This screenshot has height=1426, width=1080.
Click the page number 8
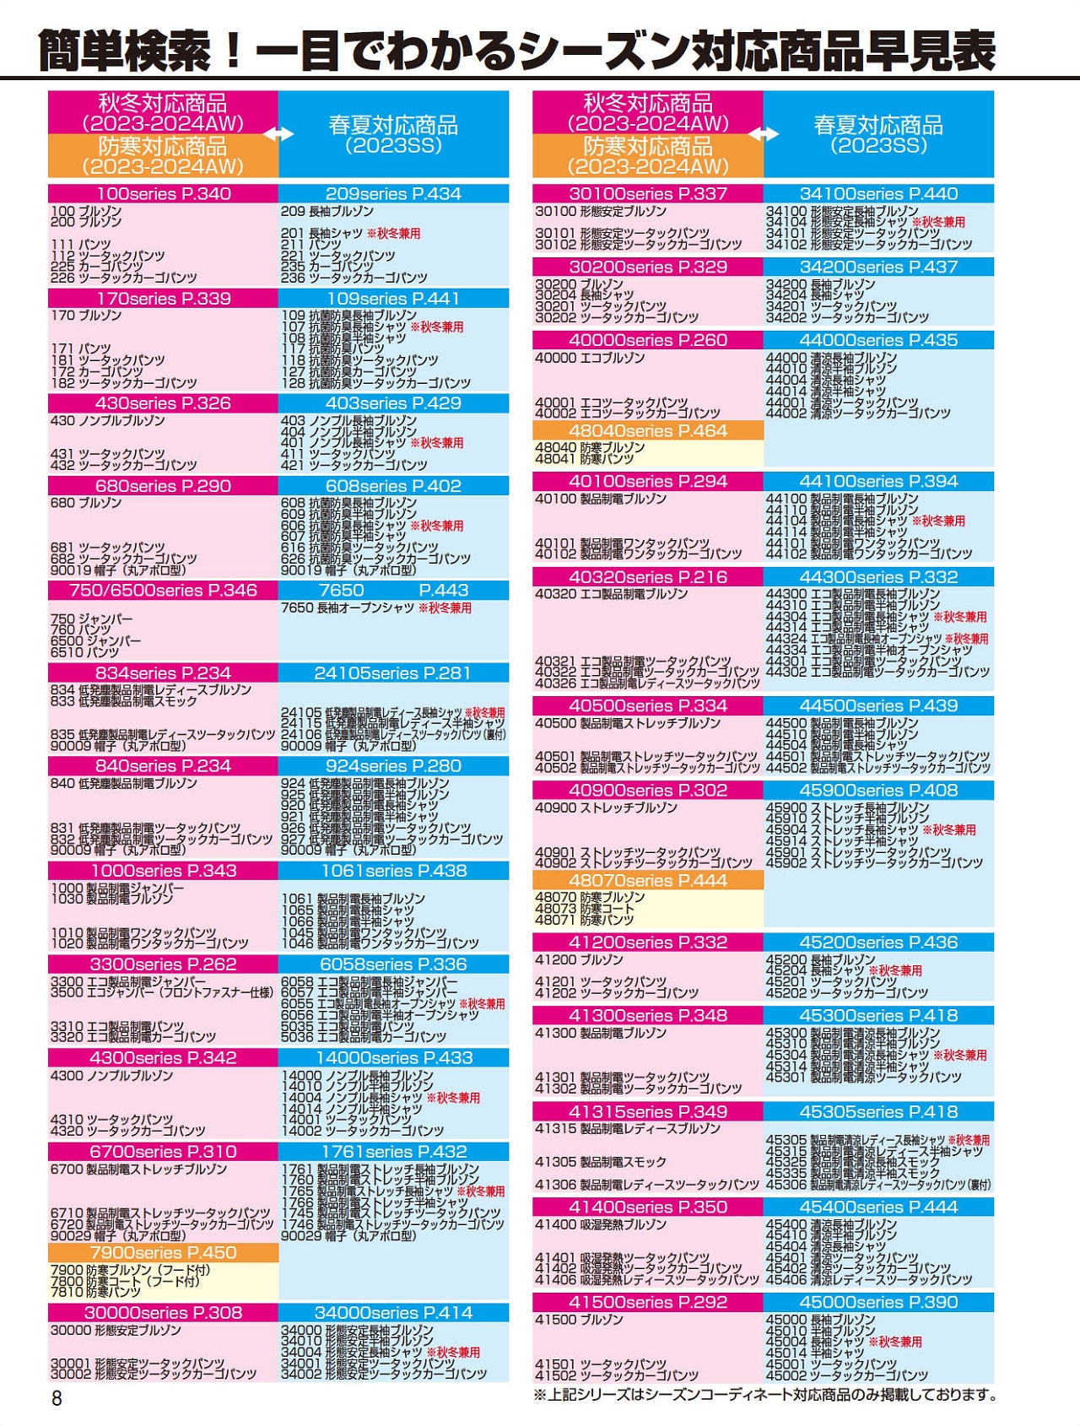point(57,1398)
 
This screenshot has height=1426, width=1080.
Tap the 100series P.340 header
point(163,193)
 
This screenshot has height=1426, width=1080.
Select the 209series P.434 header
point(393,193)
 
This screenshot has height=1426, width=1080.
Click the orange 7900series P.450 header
point(163,1252)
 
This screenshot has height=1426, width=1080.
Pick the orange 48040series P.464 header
point(647,430)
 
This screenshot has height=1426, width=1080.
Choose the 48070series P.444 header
point(647,880)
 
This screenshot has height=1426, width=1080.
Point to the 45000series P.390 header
point(878,1302)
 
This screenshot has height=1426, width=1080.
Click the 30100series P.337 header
point(647,193)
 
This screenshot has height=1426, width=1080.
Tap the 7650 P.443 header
point(393,590)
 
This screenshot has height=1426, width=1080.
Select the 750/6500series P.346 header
point(163,590)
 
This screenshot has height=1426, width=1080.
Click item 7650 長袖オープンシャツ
point(375,608)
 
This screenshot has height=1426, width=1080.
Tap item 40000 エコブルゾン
point(590,358)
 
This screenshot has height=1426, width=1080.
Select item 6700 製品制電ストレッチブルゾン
point(139,1169)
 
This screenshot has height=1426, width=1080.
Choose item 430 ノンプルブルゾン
point(108,420)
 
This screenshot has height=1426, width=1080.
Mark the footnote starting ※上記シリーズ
point(764,1395)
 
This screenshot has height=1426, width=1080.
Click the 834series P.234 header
point(163,672)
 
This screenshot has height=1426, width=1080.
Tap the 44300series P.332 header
point(878,577)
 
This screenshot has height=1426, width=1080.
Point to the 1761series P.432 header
point(393,1152)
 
